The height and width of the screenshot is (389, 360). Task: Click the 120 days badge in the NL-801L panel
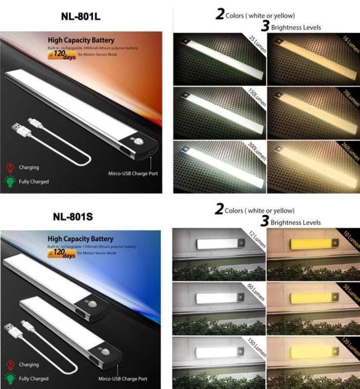pos(60,55)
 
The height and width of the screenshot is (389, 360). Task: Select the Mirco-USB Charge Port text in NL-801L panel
pos(133,174)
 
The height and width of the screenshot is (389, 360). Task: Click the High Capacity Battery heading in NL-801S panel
pos(80,239)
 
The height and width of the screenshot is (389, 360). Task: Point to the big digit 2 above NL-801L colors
pos(220,14)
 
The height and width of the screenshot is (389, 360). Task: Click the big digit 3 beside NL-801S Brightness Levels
pos(264,221)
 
